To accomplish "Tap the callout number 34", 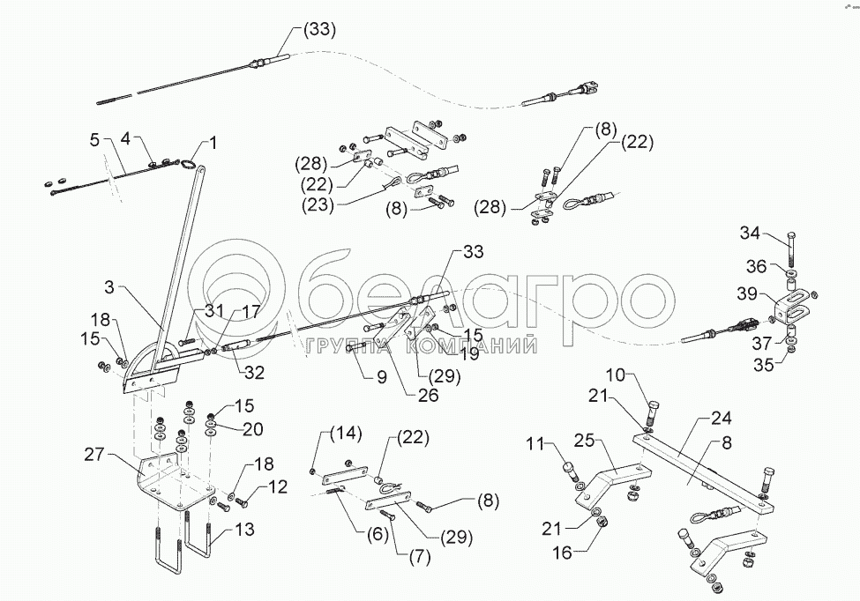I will [750, 234].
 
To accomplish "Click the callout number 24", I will [723, 418].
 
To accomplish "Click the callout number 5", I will [95, 138].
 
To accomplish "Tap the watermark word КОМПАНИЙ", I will [474, 346].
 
